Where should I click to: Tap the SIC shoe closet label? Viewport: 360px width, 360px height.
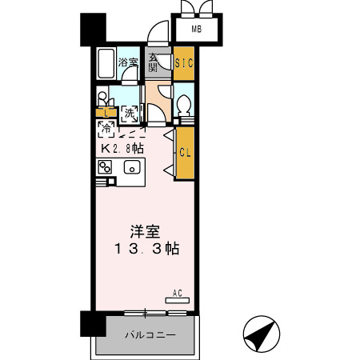coord(184,62)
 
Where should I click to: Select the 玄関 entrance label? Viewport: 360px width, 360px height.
coord(153,64)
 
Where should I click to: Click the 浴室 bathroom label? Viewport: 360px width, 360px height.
coord(128,62)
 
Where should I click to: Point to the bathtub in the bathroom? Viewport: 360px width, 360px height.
coord(106,62)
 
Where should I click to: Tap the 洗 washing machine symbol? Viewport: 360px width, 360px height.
coord(130,114)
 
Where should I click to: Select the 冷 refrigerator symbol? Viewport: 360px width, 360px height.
coord(105,127)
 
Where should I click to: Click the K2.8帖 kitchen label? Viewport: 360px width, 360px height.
coord(122,148)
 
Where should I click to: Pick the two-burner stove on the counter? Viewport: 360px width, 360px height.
coord(105,167)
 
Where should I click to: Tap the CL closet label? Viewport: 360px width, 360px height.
coord(184,152)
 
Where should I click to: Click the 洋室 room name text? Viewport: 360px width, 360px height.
coord(146,232)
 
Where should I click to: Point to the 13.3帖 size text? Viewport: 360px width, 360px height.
coord(146,250)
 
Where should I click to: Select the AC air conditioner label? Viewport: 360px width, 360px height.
coord(181,294)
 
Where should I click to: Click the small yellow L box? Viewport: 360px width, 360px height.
coord(104,112)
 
